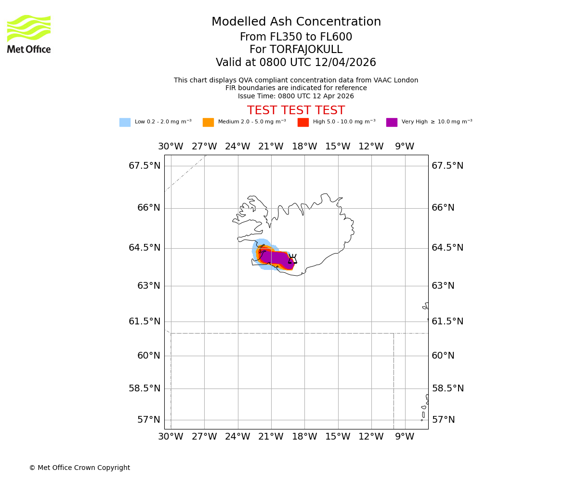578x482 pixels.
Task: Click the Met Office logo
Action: click(29, 34)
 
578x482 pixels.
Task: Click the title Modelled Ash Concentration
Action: click(296, 22)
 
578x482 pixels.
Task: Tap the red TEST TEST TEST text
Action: click(296, 110)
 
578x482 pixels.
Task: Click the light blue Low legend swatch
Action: click(125, 122)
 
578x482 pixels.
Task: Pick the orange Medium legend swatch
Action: click(208, 122)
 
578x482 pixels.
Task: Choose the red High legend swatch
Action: click(303, 122)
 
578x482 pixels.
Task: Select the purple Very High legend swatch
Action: click(392, 122)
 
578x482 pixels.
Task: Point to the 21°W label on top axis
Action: click(271, 147)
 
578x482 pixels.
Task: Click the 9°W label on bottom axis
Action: click(405, 437)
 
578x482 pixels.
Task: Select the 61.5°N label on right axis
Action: click(447, 321)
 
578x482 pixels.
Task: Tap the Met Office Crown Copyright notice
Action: click(79, 468)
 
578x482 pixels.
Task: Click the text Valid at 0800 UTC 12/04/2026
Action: click(296, 63)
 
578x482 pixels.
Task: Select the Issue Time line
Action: click(296, 96)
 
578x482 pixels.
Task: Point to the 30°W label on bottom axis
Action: click(171, 437)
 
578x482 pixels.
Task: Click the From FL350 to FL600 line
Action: click(296, 37)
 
